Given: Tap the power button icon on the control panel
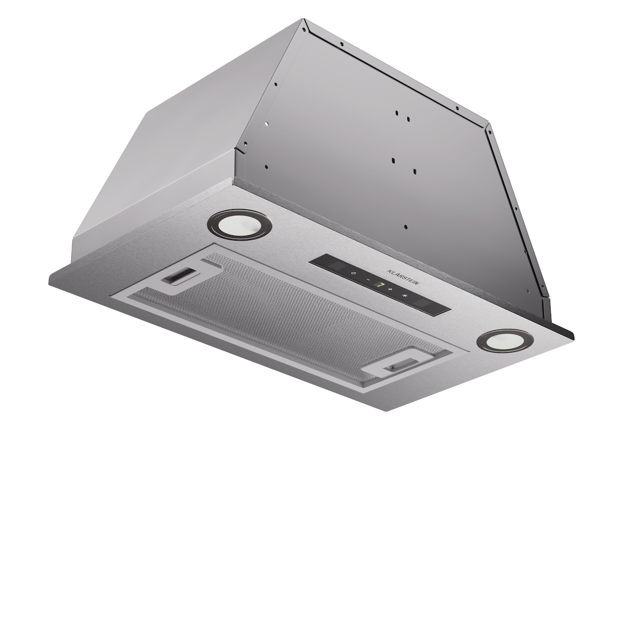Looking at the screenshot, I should [353, 273].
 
